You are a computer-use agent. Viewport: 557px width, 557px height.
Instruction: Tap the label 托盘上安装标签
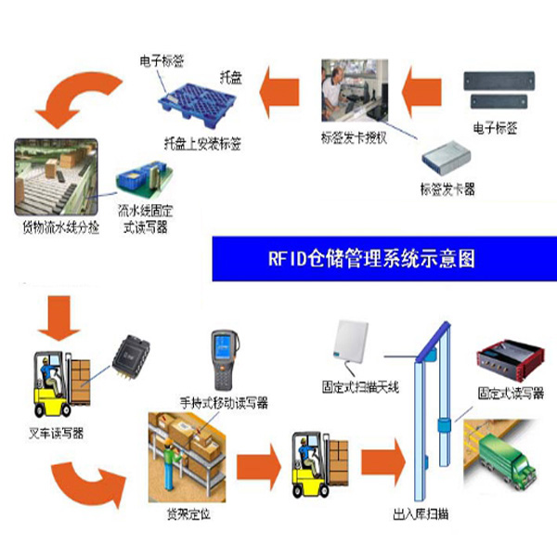(202, 144)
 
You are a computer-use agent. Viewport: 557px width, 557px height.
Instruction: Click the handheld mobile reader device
(223, 358)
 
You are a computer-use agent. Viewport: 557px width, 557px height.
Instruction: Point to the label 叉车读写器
(57, 432)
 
